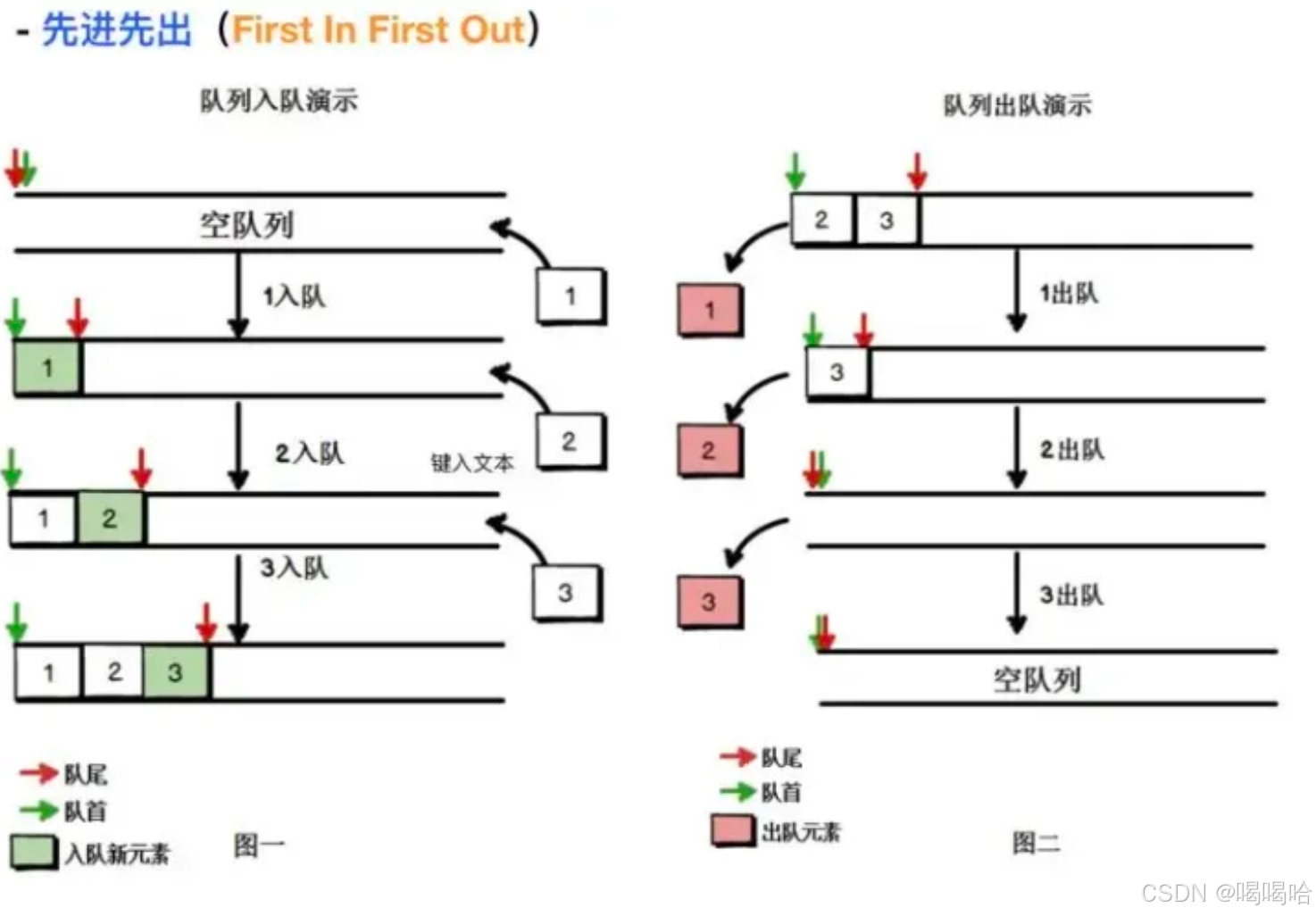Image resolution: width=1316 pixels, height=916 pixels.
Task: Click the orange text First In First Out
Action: (378, 30)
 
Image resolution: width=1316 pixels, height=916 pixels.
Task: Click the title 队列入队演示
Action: (279, 101)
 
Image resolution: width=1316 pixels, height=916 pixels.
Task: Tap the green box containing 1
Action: (47, 368)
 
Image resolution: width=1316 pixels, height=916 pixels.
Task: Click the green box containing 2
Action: (110, 518)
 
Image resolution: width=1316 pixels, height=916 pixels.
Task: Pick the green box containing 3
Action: (176, 672)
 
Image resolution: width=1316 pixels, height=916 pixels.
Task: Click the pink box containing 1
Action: (710, 310)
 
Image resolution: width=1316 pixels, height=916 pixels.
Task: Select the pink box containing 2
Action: (709, 451)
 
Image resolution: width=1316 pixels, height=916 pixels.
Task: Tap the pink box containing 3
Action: (709, 602)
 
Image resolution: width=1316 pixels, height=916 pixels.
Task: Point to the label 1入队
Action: (294, 296)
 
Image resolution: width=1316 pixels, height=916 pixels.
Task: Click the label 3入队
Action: (294, 568)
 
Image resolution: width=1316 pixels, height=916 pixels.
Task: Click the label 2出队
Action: (1071, 450)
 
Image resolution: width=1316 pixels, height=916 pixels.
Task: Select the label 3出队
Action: (1071, 595)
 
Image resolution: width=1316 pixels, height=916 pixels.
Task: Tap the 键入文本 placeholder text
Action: (472, 462)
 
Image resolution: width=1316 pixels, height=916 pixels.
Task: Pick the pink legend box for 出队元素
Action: (733, 830)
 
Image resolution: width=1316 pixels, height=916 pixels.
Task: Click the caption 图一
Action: (259, 845)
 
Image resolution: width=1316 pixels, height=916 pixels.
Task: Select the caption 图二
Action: (1036, 842)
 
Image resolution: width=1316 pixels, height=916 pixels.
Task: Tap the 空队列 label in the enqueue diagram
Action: (246, 224)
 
